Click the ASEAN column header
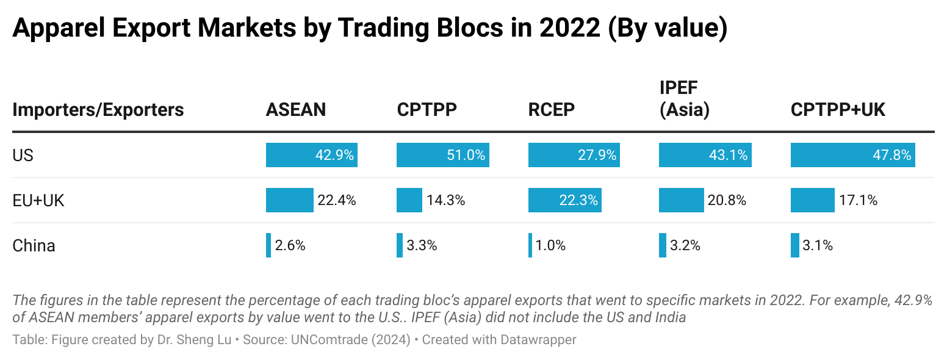point(296,110)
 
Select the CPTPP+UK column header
point(838,110)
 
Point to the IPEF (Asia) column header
point(684,99)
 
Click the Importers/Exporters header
point(98,110)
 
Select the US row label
point(23,156)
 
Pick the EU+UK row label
point(38,201)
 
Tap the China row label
point(34,246)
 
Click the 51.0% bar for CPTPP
point(442,156)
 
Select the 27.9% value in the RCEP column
point(597,156)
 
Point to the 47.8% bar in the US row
point(852,156)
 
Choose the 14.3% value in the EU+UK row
point(445,201)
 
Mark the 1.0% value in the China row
point(550,246)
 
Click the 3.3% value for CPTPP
point(422,246)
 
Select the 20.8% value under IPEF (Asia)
point(727,201)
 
